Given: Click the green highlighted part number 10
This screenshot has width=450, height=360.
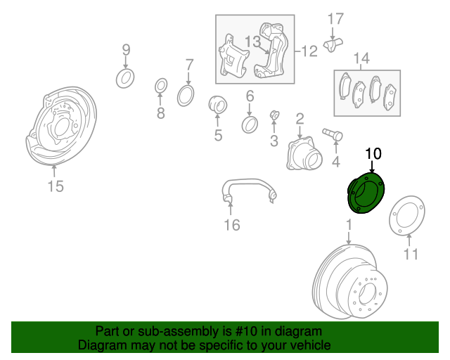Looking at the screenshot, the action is point(366,193).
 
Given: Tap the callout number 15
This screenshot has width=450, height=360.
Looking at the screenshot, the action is point(56,186).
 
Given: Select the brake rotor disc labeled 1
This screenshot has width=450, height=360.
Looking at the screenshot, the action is point(350,282).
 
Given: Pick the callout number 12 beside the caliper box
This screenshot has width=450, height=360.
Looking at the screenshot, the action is point(309,51).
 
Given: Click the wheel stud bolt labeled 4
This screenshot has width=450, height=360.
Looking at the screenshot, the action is point(333,134).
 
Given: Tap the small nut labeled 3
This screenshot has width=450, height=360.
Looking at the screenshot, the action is point(275,115).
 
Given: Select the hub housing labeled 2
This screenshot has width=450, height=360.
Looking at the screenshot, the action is point(304,153).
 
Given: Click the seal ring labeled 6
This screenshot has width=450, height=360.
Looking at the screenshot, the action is point(250,124).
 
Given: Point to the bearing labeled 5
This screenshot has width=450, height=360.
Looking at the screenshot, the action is point(218,105).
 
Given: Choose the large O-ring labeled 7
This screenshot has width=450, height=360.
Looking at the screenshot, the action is point(186,96).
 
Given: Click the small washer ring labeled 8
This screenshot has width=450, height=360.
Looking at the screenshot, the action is point(161,86).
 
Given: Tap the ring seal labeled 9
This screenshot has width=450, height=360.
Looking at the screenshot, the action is point(125,78).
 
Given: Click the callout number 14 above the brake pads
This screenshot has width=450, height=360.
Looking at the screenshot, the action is point(361,58).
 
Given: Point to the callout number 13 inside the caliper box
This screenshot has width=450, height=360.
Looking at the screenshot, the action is point(252,42).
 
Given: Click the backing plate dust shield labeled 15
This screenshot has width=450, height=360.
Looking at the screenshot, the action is point(61,126).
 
